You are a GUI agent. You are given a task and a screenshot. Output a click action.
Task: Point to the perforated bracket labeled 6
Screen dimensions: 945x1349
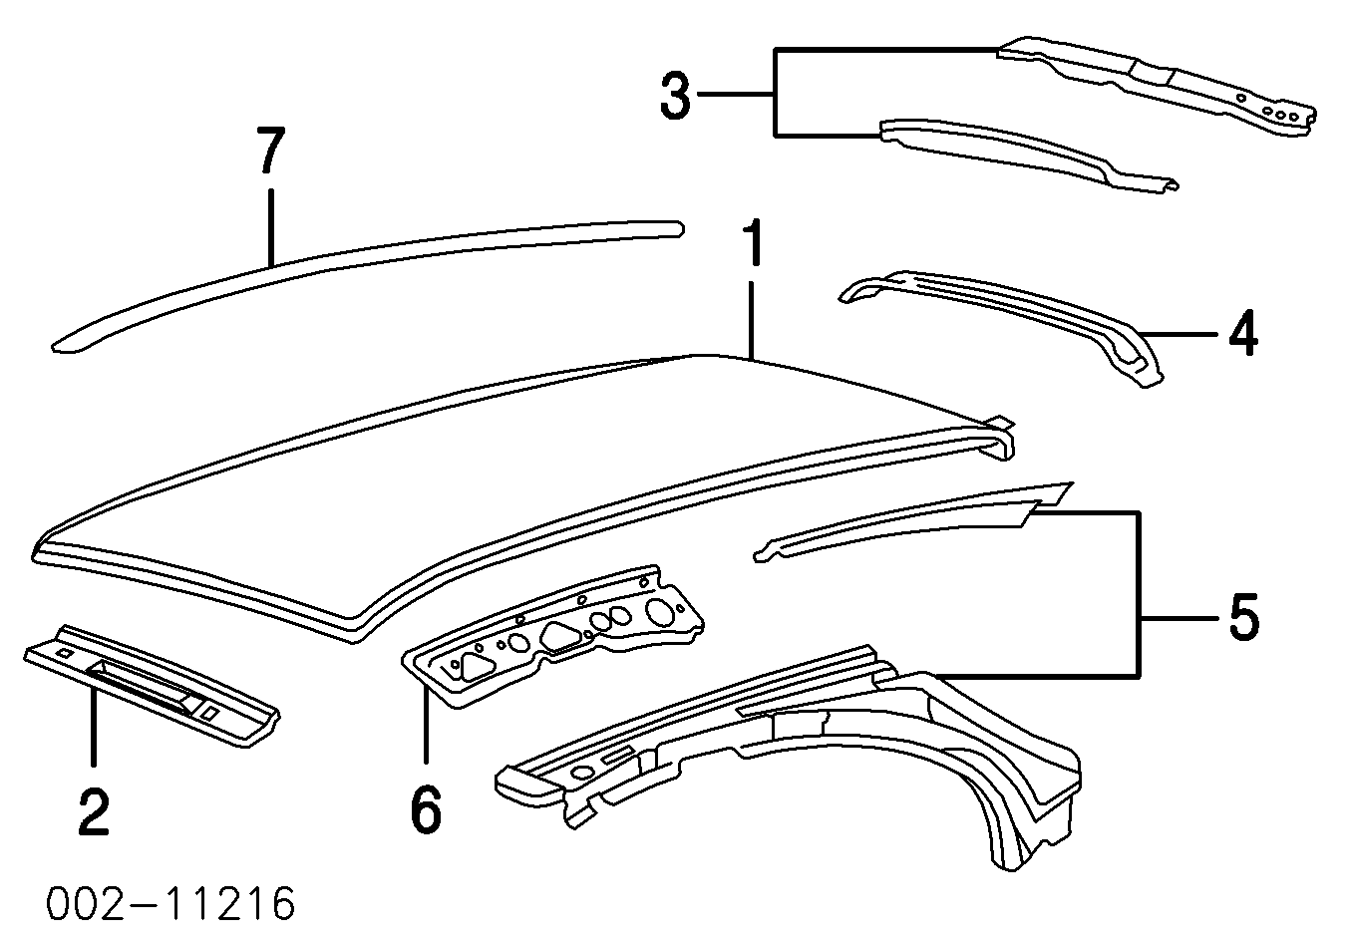click(x=558, y=638)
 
